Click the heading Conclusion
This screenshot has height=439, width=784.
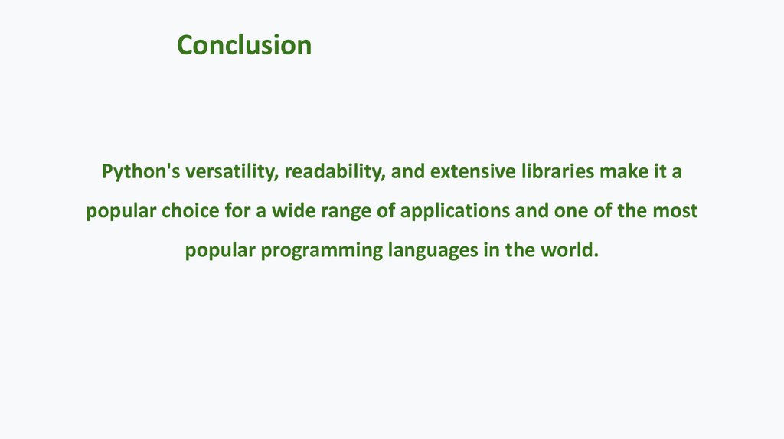243,45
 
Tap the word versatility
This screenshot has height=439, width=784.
231,171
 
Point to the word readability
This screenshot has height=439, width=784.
334,171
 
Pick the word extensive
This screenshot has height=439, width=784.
467,171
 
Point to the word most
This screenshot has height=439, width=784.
675,211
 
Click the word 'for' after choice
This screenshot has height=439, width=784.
238,211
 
